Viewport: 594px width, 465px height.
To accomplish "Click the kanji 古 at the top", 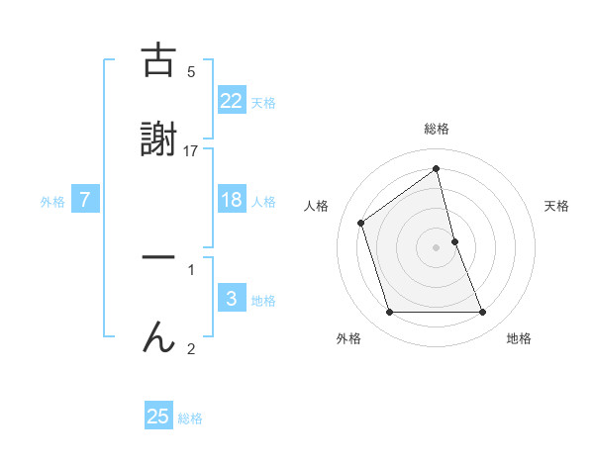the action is coord(158,61).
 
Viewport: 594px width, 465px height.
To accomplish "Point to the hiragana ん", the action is coord(158,338).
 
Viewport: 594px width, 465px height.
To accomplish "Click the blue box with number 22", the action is coord(232,100).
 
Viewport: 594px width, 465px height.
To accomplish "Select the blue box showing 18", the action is coord(232,200).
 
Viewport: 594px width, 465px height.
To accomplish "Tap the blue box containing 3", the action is coord(232,298).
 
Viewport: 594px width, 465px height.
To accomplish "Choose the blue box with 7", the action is coord(85,200).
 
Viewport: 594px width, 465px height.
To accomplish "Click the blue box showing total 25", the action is coord(158,417).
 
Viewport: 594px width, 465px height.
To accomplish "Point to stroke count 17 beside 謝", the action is coord(191,150).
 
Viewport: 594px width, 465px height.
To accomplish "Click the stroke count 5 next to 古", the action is coord(191,71).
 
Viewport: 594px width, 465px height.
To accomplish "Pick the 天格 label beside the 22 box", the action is coord(263,103).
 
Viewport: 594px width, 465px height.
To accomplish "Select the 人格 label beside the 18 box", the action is coord(263,202).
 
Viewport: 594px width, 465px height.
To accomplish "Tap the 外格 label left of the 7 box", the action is coord(52,202).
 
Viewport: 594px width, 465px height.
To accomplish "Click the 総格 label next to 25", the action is coord(190,418).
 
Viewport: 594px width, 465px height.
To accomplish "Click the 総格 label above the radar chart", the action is coord(437,129).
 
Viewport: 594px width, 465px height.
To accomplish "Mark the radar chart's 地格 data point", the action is coord(483,313).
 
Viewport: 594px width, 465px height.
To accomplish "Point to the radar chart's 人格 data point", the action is coord(361,223).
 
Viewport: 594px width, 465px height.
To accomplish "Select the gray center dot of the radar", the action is coord(437,246).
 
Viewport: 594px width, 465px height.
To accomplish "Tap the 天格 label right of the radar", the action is coord(557,206).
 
